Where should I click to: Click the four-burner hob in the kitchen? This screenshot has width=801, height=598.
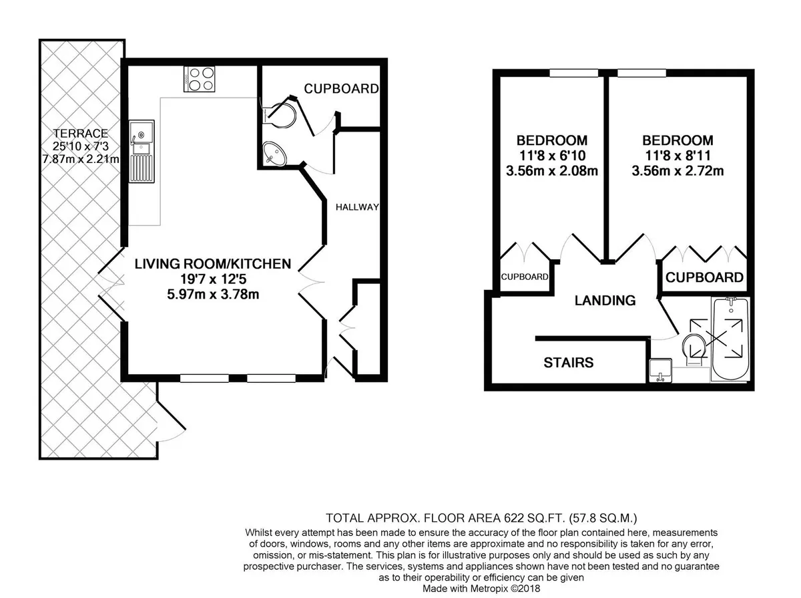[x=199, y=79]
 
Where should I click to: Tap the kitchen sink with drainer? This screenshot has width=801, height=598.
[x=142, y=151]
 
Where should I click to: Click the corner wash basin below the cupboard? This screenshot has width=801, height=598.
[x=274, y=154]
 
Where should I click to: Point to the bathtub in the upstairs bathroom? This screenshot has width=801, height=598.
[x=730, y=339]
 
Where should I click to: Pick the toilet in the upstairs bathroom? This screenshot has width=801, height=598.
[x=695, y=349]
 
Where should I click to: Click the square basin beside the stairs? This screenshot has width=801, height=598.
[x=661, y=370]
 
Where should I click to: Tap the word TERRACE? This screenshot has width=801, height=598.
[x=81, y=134]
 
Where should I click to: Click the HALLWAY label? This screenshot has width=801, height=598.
[x=357, y=207]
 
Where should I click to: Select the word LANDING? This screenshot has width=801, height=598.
[x=605, y=300]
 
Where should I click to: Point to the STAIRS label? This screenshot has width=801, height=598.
[x=569, y=362]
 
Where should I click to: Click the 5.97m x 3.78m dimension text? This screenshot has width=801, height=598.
[x=213, y=294]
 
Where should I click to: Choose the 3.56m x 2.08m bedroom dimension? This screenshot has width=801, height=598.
[x=552, y=171]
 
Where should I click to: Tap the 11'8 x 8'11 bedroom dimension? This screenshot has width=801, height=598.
[x=678, y=156]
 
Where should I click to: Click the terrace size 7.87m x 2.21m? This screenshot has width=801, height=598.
[x=81, y=159]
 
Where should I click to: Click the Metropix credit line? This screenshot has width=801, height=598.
[x=481, y=589]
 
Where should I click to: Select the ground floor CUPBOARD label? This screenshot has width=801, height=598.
[x=341, y=89]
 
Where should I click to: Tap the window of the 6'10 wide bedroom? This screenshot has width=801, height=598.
[x=574, y=73]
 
